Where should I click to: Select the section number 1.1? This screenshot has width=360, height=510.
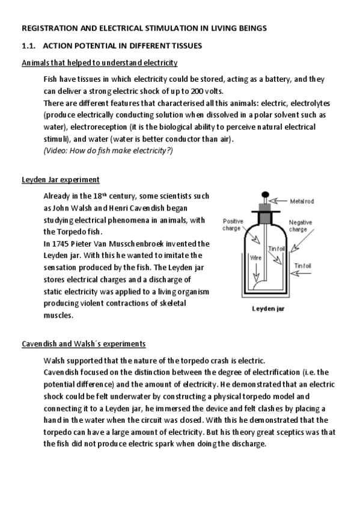tap(29, 45)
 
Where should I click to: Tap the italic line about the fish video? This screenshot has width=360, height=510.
tap(108, 150)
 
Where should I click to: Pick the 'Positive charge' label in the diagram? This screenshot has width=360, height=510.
tap(233, 224)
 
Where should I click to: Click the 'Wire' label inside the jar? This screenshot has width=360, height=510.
tap(255, 258)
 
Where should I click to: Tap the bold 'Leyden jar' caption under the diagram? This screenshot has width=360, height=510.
tap(267, 311)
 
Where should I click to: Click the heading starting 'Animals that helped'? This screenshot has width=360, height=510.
tap(99, 63)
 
